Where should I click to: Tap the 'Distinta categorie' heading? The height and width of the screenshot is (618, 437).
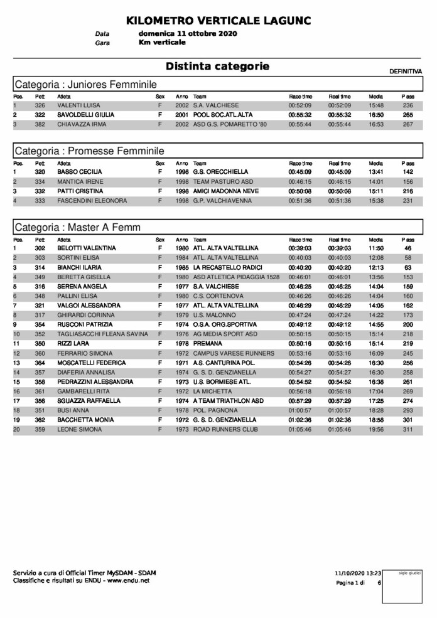tap(217, 66)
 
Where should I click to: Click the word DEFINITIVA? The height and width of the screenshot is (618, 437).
tap(406, 72)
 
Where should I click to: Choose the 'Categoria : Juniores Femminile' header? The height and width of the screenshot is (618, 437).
tap(85, 85)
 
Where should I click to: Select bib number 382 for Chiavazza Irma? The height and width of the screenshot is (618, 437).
tap(40, 125)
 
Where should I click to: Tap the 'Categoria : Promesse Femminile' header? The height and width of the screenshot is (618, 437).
tap(89, 151)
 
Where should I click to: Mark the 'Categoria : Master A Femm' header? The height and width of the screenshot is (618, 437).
tap(77, 227)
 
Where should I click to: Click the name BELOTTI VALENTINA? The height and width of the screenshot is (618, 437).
tap(87, 248)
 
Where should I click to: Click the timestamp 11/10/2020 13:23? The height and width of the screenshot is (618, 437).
tap(358, 573)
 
